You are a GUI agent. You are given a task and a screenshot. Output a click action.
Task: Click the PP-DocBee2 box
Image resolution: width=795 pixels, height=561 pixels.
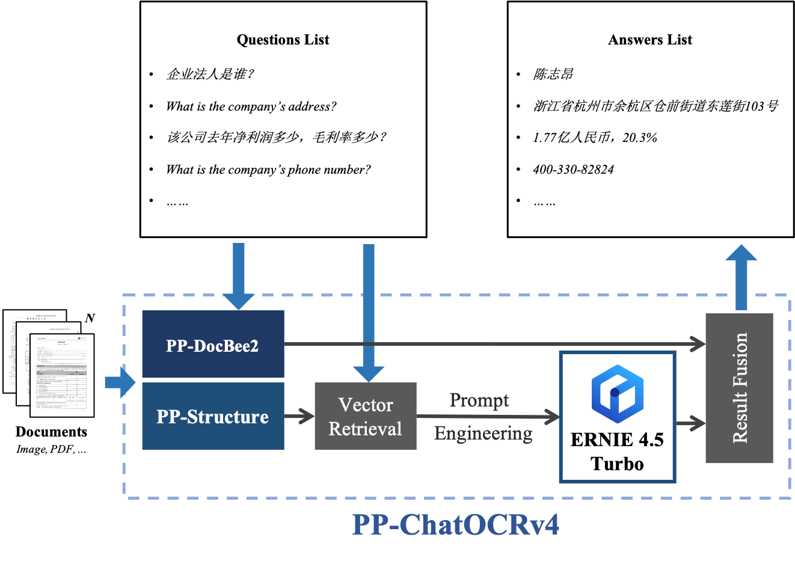coord(213,345)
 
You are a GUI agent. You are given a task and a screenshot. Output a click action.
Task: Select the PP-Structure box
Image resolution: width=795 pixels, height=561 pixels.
coord(213,416)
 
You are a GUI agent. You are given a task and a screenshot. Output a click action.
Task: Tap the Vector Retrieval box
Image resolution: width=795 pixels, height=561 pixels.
coord(365,416)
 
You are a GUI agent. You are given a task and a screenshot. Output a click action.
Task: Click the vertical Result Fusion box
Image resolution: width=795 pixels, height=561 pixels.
coord(739,388)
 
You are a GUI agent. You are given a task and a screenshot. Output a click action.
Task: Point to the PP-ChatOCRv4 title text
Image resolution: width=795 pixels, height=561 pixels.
coord(455,524)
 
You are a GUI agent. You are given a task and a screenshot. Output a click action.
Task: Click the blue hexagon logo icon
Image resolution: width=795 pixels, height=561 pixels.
coord(618,394)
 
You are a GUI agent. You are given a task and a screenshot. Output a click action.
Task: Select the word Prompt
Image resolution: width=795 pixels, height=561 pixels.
coord(479,400)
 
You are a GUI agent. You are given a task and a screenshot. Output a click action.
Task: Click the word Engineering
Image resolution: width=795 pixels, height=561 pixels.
coord(483,433)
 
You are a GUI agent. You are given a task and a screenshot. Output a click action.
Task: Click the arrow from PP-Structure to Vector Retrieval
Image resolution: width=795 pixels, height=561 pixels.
coord(299,416)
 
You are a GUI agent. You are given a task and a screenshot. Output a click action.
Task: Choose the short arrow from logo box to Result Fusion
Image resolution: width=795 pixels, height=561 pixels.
coord(690,423)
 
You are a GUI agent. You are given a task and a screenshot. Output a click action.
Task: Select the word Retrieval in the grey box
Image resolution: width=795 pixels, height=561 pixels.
coord(365,429)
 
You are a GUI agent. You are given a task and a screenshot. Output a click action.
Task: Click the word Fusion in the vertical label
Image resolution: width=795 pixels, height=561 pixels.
coord(740,360)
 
